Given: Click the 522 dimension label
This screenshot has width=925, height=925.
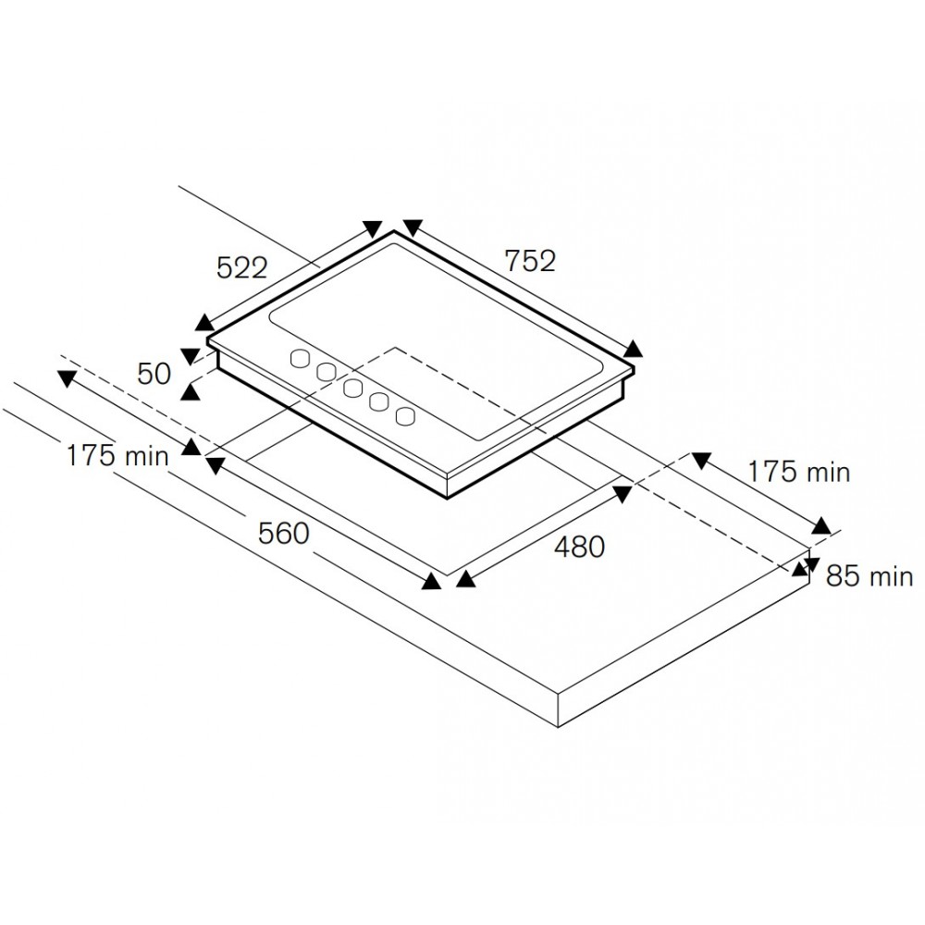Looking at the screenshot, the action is point(241,268).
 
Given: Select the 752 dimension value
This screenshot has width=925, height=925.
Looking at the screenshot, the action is point(530,262).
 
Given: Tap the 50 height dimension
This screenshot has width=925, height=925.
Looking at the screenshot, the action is point(154,374).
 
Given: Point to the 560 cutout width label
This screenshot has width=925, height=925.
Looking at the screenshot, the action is point(284,534).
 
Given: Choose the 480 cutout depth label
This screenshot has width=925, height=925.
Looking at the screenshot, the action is point(579,548).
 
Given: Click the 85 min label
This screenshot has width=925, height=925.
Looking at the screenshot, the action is point(869,575).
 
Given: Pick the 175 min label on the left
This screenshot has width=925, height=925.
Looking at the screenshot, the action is point(117,456).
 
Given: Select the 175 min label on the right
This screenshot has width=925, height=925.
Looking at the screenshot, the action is point(799,472).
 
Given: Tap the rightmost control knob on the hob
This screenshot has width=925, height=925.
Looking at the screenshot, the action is point(406,415).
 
